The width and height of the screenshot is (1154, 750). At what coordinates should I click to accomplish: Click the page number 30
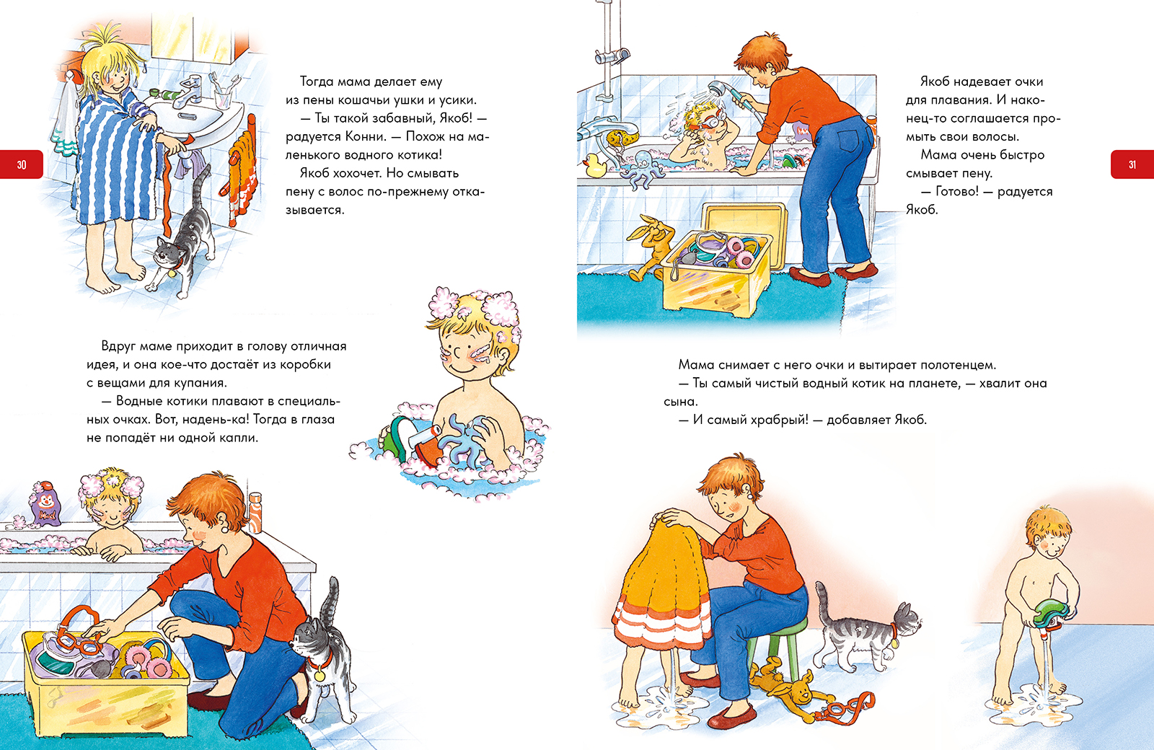[22, 165]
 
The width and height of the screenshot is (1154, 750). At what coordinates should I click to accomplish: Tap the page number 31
[1132, 165]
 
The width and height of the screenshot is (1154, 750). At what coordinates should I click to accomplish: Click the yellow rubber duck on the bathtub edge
[595, 166]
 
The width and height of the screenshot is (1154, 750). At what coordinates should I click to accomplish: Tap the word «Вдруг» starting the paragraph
[118, 346]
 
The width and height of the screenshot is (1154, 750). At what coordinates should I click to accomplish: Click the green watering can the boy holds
[1051, 617]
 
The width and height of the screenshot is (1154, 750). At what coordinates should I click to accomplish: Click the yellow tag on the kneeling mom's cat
[320, 674]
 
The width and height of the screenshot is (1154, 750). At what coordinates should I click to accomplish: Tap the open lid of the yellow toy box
[744, 226]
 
